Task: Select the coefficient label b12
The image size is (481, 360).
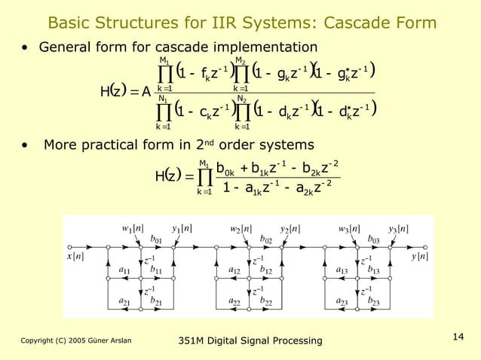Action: [266, 269]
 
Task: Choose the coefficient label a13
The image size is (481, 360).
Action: [342, 269]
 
